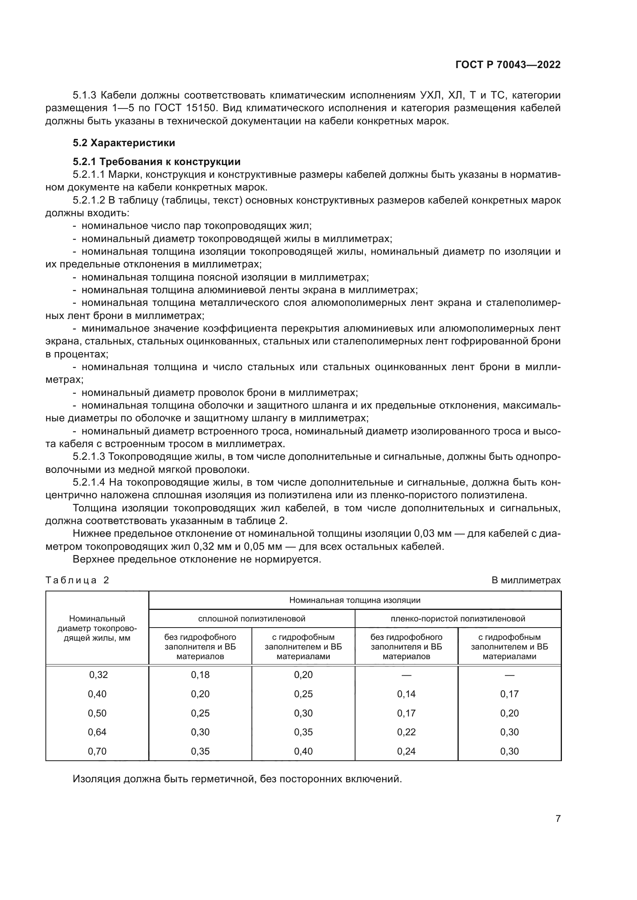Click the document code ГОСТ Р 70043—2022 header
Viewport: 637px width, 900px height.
pos(508,65)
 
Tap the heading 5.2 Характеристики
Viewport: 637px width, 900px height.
pos(124,143)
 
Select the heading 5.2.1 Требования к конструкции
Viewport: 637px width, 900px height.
pos(156,162)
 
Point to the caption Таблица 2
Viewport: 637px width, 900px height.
pos(77,580)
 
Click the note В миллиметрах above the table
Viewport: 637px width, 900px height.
pos(526,580)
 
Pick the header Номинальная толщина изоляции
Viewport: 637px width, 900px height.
pos(355,600)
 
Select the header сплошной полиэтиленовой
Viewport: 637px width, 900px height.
pos(251,619)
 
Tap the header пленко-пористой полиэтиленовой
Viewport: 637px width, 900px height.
pos(458,619)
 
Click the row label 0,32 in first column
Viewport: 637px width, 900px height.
pos(97,675)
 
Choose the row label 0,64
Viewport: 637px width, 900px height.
pos(97,732)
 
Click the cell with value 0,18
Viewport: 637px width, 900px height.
pos(200,675)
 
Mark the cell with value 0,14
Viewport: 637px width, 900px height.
pos(406,694)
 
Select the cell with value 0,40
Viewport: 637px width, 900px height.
pos(303,751)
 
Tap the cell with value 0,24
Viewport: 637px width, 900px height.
pos(406,751)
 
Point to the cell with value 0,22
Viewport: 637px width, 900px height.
pos(406,732)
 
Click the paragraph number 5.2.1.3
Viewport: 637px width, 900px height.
pos(89,457)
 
